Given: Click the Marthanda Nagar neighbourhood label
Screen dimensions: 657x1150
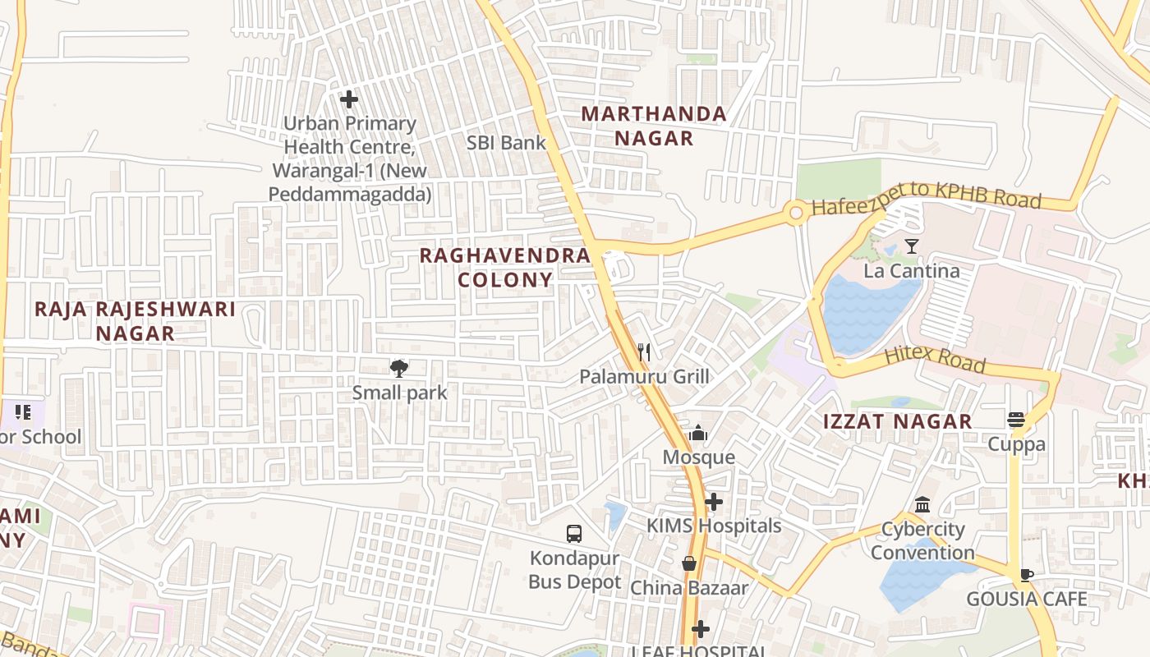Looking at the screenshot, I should [654, 126].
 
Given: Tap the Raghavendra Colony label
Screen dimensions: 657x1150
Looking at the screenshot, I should [504, 267].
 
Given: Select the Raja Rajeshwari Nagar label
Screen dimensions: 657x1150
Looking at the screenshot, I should [135, 321].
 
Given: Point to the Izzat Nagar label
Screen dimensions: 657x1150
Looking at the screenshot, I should [898, 422].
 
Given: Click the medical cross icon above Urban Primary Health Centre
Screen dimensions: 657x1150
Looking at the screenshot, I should [349, 99].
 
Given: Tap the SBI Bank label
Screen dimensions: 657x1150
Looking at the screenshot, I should [506, 142].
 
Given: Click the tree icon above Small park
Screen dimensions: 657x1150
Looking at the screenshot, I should [399, 368].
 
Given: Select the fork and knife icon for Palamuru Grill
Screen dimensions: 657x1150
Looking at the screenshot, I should [644, 352].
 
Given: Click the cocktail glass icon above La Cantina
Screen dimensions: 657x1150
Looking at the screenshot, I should [911, 246].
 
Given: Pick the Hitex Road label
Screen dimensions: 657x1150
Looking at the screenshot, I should [934, 360].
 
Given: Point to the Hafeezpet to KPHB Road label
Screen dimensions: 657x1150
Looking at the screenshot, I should [926, 202].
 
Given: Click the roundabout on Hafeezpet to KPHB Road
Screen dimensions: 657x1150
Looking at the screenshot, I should [795, 214].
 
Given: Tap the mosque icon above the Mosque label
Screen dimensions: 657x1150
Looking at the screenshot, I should [698, 433].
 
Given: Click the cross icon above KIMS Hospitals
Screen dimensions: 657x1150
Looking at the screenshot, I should [714, 501].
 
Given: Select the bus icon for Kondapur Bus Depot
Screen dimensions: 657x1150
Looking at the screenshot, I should [574, 533].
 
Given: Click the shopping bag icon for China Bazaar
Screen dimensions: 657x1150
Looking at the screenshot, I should [689, 563].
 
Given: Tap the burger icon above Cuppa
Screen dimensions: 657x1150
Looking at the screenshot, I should [1016, 420].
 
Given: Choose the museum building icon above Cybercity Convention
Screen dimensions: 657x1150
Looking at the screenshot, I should [922, 504].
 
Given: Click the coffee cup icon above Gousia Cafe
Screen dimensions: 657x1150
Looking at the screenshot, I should [1026, 575].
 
